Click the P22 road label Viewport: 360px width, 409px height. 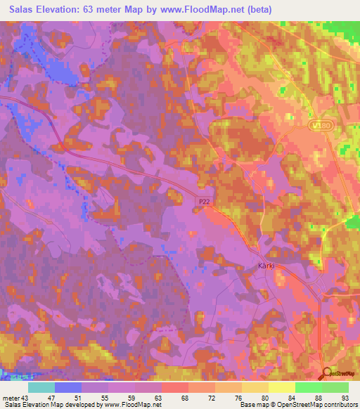[x=203, y=202]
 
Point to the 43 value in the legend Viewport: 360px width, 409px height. [x=27, y=398]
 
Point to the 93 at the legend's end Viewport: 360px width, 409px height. [x=345, y=398]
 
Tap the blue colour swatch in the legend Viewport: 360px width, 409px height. [x=68, y=387]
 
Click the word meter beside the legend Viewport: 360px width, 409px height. [x=12, y=398]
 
